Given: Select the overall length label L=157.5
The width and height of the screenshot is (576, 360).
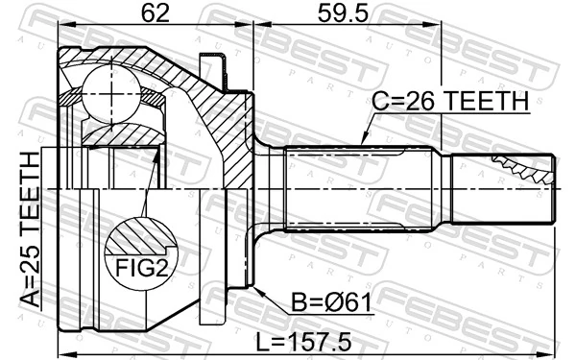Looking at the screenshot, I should pyautogui.click(x=311, y=340).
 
